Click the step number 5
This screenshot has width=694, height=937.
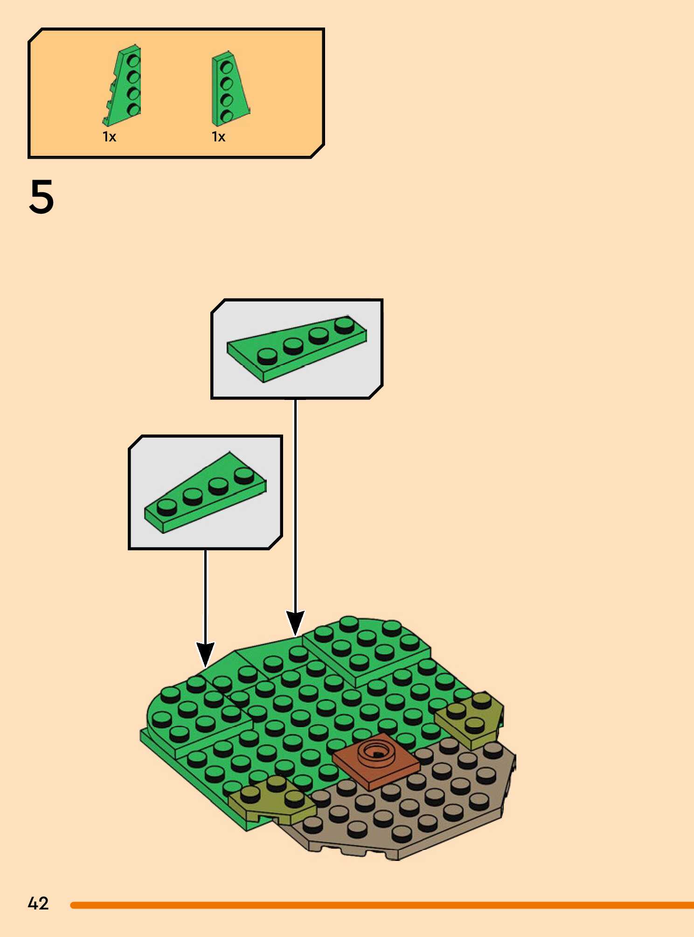[x=42, y=197]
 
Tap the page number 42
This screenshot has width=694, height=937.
[x=38, y=903]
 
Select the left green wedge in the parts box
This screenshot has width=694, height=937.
[x=124, y=86]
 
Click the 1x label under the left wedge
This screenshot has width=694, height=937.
[x=109, y=137]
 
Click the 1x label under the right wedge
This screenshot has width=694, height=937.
[x=218, y=137]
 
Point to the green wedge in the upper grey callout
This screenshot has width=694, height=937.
[x=297, y=348]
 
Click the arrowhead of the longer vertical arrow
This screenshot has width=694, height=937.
[x=295, y=622]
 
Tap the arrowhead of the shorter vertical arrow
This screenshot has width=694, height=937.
[x=205, y=653]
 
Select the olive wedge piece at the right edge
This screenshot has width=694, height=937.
[x=471, y=719]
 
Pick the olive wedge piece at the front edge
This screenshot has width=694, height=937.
[x=271, y=801]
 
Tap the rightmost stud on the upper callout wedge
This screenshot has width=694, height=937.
[x=344, y=324]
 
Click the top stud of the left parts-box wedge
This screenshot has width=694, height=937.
[x=134, y=61]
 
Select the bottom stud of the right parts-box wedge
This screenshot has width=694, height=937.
[x=227, y=115]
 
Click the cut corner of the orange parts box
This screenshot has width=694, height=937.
[x=318, y=151]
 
